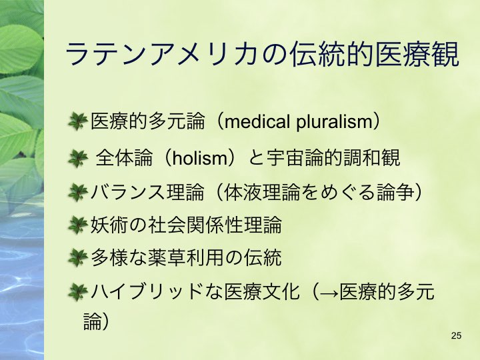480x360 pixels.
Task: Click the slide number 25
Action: point(456,335)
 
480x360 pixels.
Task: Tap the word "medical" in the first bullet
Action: point(257,121)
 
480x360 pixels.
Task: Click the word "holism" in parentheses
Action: point(199,158)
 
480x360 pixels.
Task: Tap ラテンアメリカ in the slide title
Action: point(161,54)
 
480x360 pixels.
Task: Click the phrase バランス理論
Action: point(147,192)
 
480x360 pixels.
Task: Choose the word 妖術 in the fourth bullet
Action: point(109,225)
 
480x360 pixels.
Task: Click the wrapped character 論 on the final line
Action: point(92,321)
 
